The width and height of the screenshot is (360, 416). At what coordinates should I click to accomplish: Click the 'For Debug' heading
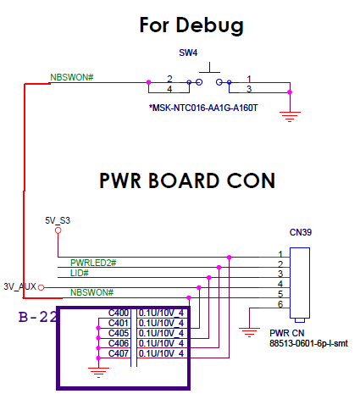coord(191,25)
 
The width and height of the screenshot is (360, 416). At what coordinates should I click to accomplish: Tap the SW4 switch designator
coord(188,53)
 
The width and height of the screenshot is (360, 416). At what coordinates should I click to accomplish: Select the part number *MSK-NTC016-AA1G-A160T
coord(203,108)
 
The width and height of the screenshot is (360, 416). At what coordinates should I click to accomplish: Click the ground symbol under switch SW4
coord(290,117)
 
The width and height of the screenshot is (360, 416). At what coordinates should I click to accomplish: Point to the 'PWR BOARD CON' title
coord(187,180)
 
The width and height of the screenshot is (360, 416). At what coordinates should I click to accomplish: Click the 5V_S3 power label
coord(58,220)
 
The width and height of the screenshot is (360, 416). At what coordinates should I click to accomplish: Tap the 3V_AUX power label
coord(19,286)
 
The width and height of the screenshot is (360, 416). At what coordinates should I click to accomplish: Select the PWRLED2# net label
coord(93,263)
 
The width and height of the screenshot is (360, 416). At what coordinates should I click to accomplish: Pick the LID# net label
coord(80,273)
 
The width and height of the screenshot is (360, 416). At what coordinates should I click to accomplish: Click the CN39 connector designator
coord(301,232)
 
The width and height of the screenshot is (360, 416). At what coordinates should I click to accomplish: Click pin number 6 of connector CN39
coord(280,304)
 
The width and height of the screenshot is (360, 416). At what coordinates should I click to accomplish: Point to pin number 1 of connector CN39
coord(280,254)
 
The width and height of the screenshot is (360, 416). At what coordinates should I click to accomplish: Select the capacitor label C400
coord(119,313)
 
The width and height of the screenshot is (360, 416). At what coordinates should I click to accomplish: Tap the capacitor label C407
coord(119,353)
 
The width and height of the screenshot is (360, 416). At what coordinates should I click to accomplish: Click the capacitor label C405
coord(119,333)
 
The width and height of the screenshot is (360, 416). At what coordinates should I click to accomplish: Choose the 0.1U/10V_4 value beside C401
coord(161,323)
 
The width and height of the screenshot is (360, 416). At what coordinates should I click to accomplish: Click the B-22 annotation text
coord(37,317)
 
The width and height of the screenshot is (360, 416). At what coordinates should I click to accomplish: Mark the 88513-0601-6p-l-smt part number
coord(308,343)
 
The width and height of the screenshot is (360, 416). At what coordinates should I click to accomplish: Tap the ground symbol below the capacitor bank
coord(98,373)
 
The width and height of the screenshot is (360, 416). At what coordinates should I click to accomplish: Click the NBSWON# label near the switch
coord(72,77)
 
